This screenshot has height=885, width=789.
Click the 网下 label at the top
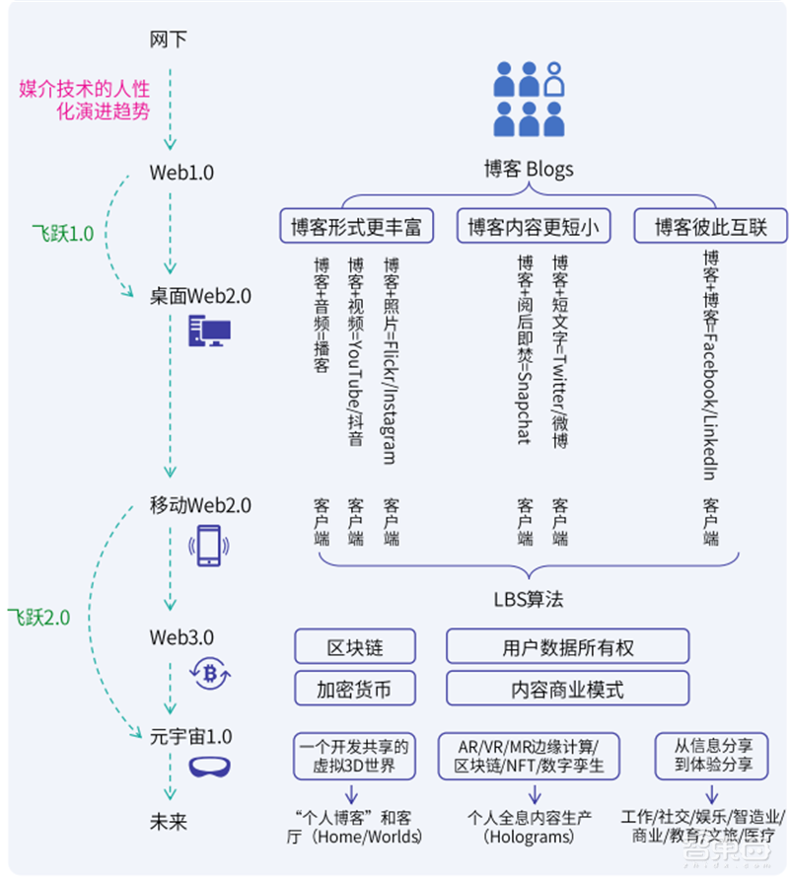[x=168, y=40]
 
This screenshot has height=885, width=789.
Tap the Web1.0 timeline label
[x=181, y=173]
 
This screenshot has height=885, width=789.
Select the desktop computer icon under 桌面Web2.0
[x=208, y=332]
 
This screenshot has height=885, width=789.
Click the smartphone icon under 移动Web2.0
[x=209, y=545]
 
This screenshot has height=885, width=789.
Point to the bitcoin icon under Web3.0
[x=209, y=674]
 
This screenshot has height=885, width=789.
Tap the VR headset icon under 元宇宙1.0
[x=209, y=766]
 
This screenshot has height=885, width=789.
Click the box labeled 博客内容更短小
[x=534, y=227]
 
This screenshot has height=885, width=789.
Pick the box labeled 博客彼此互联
[x=709, y=227]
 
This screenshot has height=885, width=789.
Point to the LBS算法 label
[x=529, y=599]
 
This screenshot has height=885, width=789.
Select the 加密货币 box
[x=354, y=688]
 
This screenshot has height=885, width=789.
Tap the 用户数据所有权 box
[x=567, y=647]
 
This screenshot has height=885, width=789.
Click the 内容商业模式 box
[x=567, y=688]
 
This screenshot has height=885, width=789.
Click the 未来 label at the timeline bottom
[x=168, y=822]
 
